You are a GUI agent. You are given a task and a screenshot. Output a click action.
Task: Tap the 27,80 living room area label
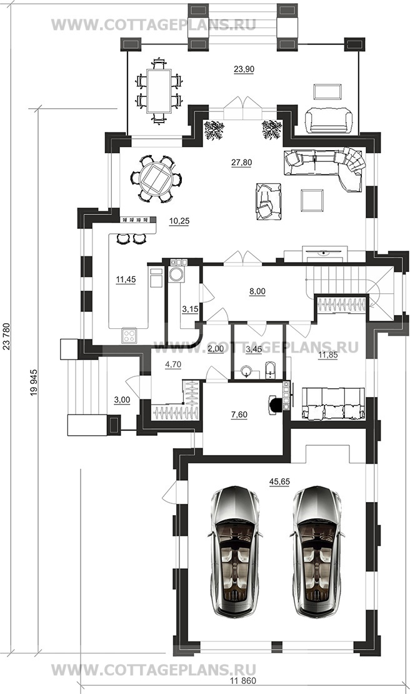click(241, 163)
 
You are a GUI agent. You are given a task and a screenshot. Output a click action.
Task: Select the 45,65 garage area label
click(279, 481)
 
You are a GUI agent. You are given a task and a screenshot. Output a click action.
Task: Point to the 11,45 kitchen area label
click(126, 279)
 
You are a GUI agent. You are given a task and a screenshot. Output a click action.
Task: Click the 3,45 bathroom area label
click(254, 350)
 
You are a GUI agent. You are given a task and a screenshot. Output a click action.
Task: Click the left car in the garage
click(234, 552)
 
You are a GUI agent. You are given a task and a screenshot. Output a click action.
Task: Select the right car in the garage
click(317, 552)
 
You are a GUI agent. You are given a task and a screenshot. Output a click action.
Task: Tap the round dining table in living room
click(156, 178)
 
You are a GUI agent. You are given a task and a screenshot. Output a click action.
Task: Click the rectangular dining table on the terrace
click(159, 91)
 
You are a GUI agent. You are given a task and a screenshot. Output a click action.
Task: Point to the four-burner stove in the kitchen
click(129, 336)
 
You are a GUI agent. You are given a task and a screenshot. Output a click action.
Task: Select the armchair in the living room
click(269, 201)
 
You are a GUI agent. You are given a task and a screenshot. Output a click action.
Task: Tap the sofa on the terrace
click(329, 120)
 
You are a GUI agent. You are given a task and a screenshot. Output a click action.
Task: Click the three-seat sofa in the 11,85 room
click(334, 403)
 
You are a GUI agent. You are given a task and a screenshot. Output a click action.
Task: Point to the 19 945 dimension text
click(34, 382)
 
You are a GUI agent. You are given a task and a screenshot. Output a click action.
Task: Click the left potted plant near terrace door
click(214, 130)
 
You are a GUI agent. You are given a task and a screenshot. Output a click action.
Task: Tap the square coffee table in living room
click(312, 200)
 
